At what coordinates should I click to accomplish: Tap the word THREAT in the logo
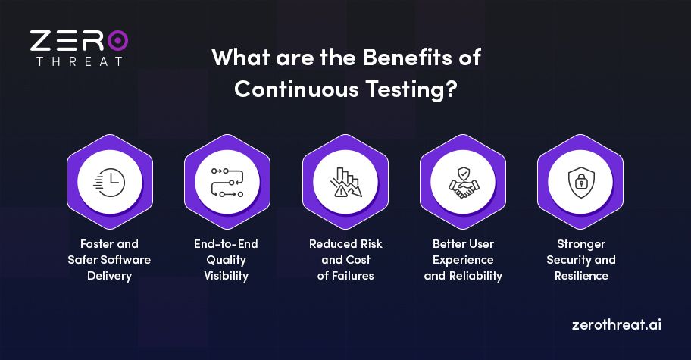(79, 61)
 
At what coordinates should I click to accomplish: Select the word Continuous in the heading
(292, 88)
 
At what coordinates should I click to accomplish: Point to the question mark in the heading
(450, 88)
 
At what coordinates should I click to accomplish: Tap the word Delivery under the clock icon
(109, 276)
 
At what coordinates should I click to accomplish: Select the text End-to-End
(227, 244)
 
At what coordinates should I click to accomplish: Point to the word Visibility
(227, 276)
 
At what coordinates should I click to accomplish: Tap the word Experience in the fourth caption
(462, 260)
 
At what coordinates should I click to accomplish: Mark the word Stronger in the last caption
(580, 244)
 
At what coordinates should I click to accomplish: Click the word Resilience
(580, 276)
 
